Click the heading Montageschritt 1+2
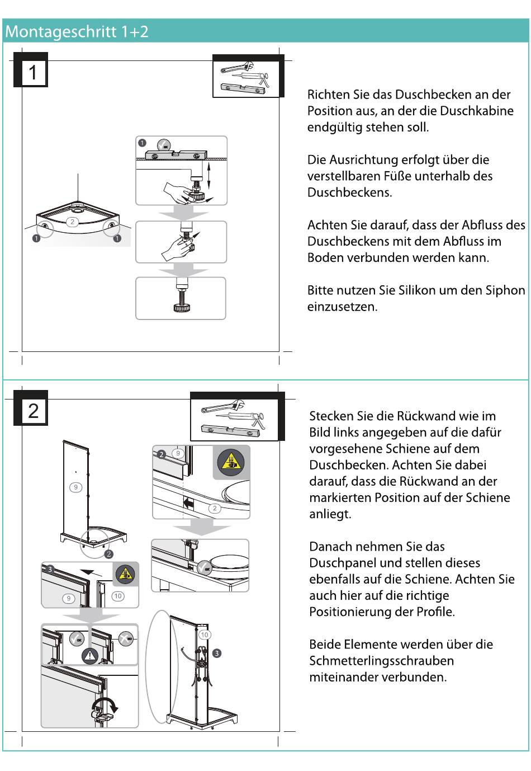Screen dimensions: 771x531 77,31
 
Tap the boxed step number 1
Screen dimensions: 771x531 33,72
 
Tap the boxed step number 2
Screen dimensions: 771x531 33,411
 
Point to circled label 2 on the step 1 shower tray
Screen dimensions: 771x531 72,222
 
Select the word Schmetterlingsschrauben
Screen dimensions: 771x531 381,661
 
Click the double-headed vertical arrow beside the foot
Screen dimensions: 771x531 208,176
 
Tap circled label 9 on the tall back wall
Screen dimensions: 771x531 76,487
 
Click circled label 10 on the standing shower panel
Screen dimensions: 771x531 205,634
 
